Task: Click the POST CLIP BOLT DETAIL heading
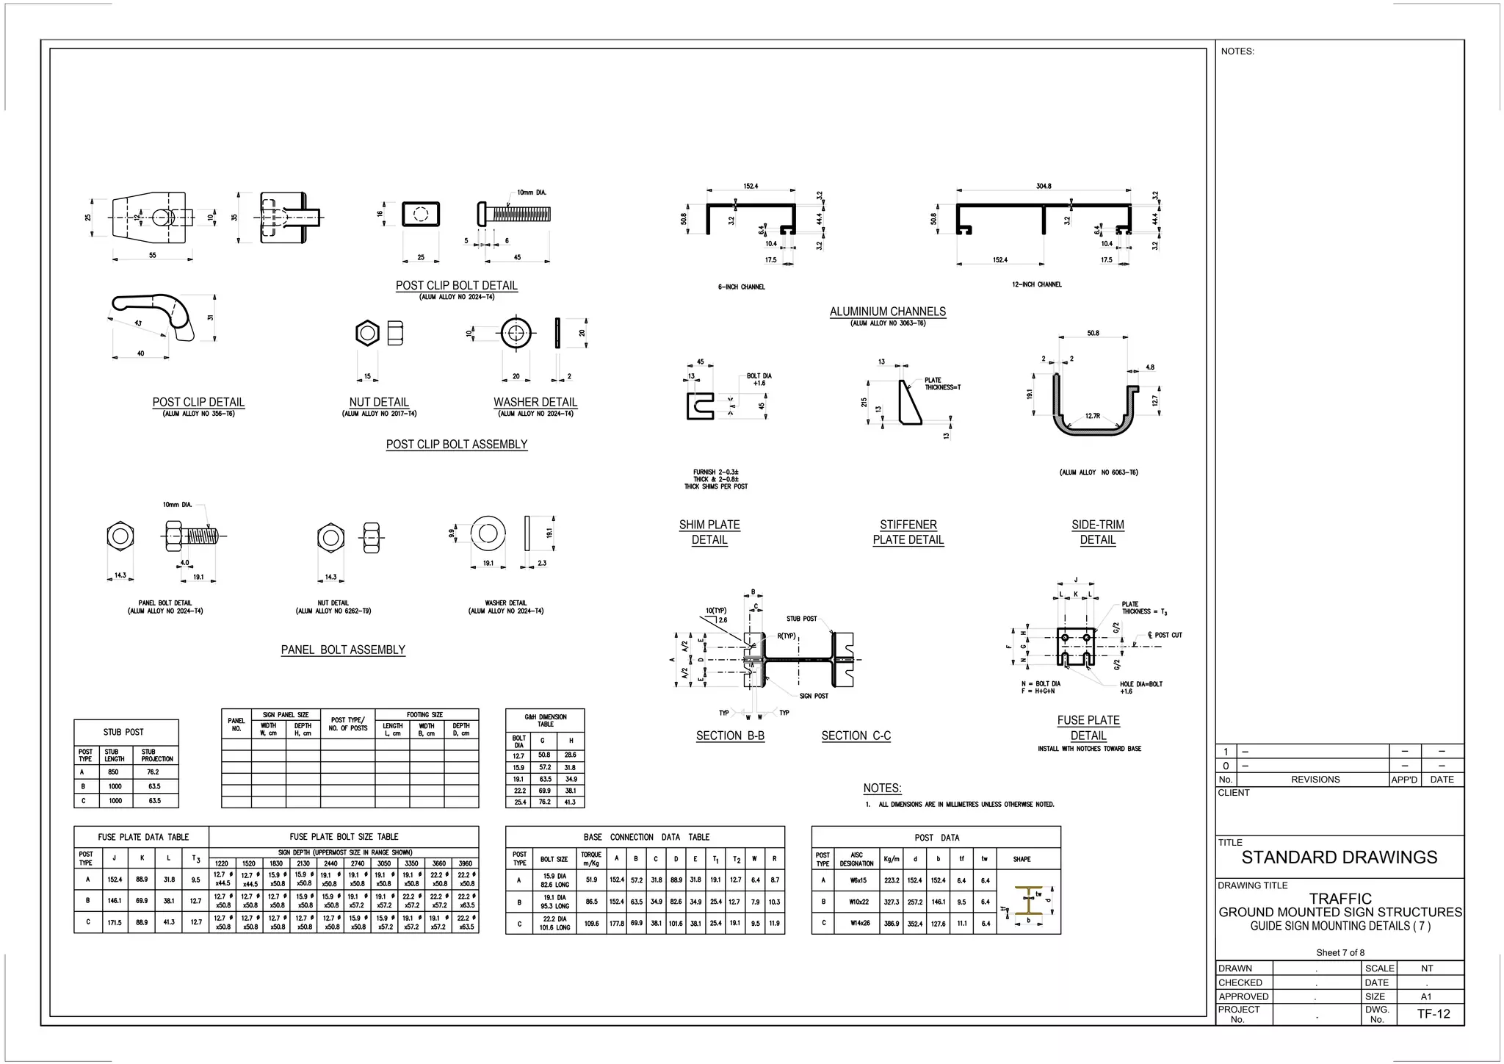coord(456,285)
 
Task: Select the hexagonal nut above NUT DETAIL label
coord(367,334)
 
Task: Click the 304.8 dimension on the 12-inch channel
coord(1044,186)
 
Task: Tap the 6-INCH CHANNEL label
coord(741,287)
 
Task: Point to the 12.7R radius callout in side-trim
coord(1092,416)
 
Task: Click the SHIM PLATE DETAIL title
coord(709,532)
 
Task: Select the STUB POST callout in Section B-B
coord(801,619)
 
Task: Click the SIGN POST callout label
coord(814,696)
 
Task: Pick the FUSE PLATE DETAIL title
coord(1088,727)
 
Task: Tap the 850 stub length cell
coord(113,772)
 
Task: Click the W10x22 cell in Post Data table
coord(858,902)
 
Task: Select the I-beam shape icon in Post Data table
coord(1029,902)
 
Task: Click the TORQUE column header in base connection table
coord(591,858)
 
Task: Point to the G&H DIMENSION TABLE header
coord(545,720)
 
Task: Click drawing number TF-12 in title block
coord(1433,1014)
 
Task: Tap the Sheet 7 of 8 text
coord(1340,952)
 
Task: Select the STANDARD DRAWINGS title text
coord(1339,858)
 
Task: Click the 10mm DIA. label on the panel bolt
coord(177,505)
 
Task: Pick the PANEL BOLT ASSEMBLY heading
coord(343,650)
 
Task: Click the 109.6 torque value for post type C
coord(591,924)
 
